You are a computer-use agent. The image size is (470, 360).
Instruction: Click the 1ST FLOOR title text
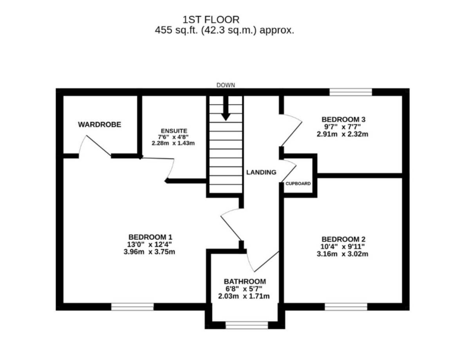tap(211, 20)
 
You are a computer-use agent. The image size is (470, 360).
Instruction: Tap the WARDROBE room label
tap(99, 124)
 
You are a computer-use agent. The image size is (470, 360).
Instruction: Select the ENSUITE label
tap(174, 131)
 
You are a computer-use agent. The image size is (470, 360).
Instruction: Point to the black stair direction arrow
tap(226, 108)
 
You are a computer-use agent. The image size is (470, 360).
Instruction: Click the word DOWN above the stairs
tap(226, 85)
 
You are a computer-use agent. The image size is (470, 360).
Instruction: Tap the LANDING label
tap(261, 172)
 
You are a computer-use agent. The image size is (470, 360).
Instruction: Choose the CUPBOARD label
tap(298, 184)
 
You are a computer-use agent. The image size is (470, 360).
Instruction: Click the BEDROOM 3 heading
tap(343, 119)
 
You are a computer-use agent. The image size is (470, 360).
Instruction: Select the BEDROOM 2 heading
tap(343, 239)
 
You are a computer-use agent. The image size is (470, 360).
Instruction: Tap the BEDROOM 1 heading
tap(150, 237)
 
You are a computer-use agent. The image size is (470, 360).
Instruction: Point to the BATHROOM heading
tap(245, 281)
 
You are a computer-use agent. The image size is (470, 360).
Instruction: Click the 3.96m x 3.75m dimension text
tap(149, 252)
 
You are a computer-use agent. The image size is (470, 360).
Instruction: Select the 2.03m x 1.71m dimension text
tap(244, 296)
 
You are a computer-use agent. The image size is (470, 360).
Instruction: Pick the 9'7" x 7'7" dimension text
tap(342, 127)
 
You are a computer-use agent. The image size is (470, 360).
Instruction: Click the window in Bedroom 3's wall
tap(351, 92)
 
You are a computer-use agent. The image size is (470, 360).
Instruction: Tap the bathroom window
tap(247, 326)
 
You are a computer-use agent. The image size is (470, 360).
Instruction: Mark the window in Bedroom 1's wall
tap(132, 307)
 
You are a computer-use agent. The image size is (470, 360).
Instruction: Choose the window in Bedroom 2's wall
tap(346, 307)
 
